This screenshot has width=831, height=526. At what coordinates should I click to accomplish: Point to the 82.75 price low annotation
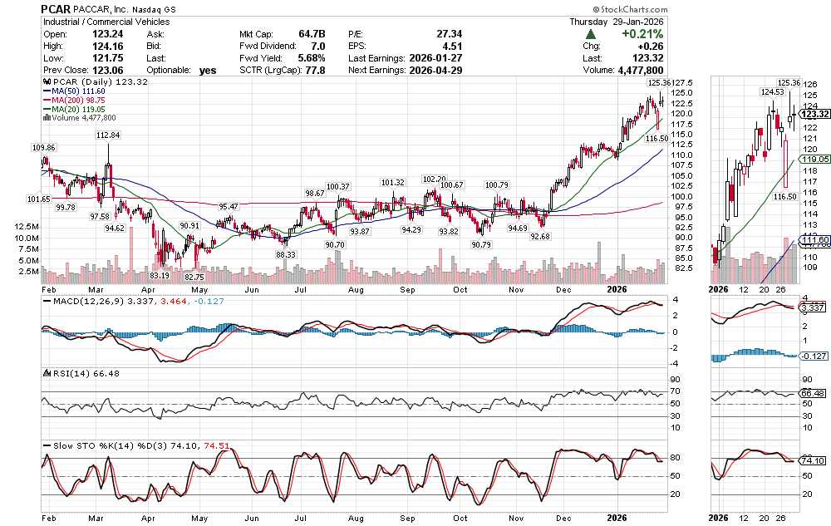(x=194, y=276)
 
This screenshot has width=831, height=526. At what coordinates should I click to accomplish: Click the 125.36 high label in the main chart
(x=657, y=83)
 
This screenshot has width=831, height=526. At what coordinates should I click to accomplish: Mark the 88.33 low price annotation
(x=286, y=254)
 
